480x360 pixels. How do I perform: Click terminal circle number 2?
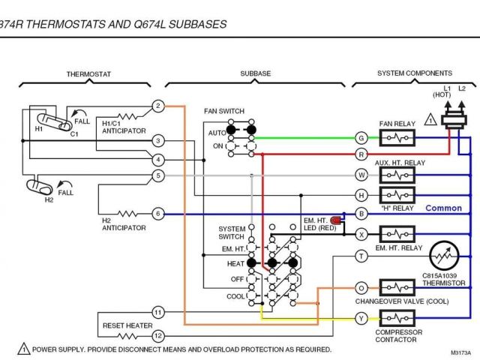click(x=157, y=106)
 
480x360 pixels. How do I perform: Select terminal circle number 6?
click(x=157, y=214)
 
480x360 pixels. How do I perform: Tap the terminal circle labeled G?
click(x=361, y=137)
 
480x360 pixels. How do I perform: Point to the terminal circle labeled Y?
click(x=361, y=319)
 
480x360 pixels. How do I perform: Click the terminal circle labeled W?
click(x=361, y=175)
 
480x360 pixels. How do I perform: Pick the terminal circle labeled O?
click(x=361, y=287)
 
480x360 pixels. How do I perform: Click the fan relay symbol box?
click(x=397, y=137)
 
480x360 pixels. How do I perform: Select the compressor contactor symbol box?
click(x=397, y=318)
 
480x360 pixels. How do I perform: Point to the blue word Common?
click(x=444, y=208)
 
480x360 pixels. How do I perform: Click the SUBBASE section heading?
click(x=256, y=73)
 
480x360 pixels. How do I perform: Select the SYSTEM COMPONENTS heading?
click(x=414, y=73)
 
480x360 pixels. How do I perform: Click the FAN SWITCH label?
click(x=224, y=111)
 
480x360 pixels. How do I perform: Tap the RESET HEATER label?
click(x=127, y=326)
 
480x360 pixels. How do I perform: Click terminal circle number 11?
click(x=157, y=312)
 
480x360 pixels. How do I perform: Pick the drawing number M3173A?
click(x=460, y=352)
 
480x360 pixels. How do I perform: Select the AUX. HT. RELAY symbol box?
click(x=397, y=175)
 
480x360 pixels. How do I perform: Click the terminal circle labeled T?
click(x=361, y=256)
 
